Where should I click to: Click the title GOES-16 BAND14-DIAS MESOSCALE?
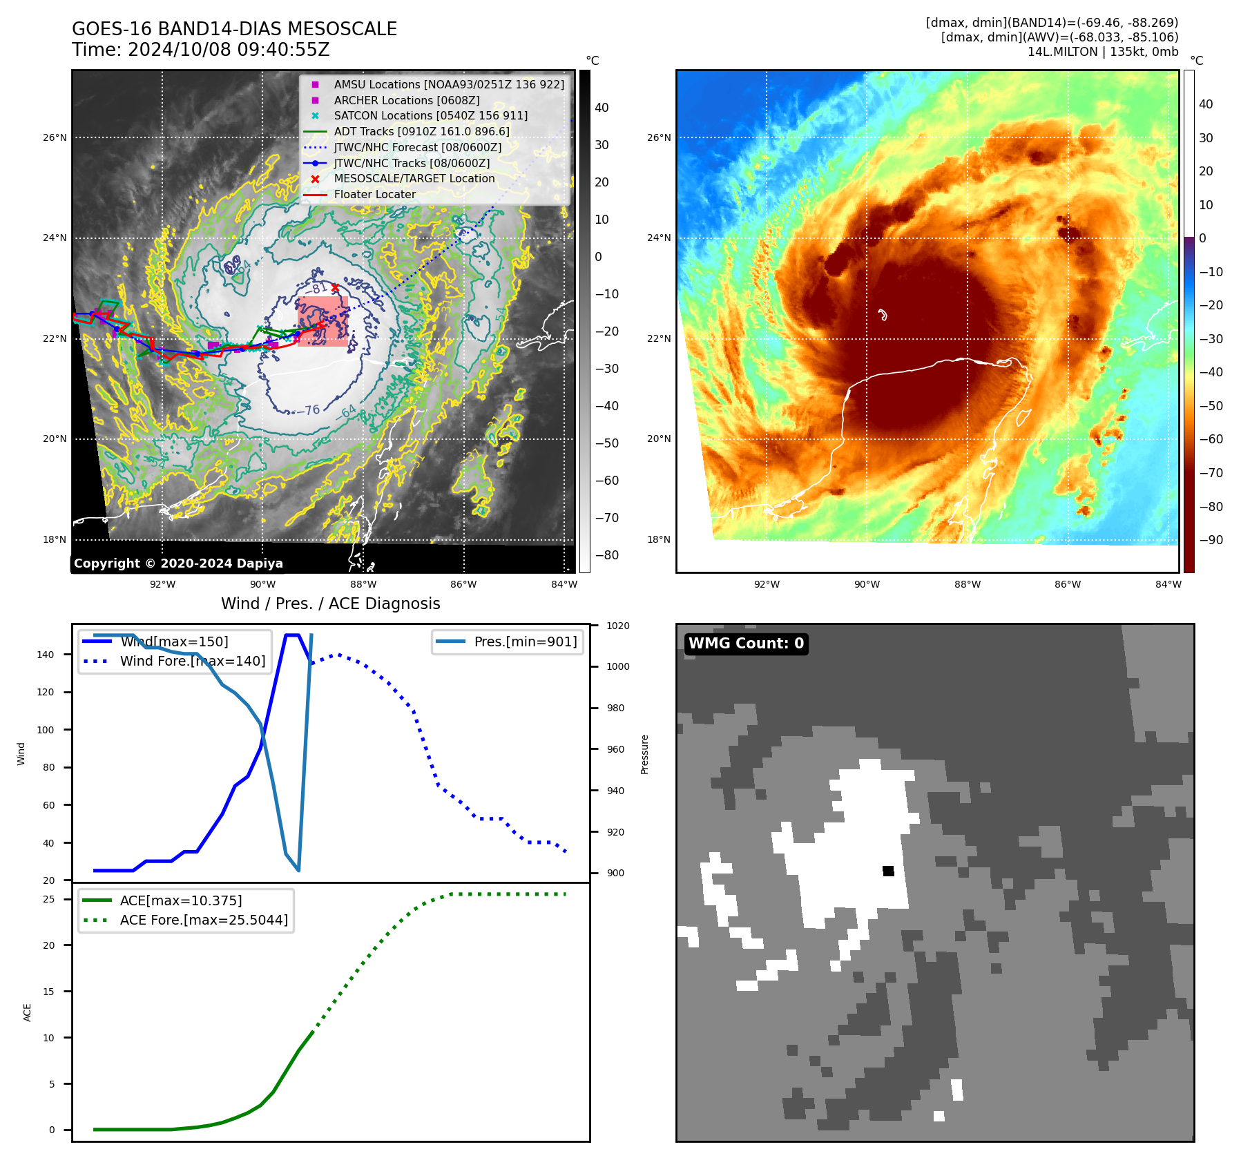coord(234,29)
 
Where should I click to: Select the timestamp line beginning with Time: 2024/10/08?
coord(200,50)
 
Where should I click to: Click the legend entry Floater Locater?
coord(374,194)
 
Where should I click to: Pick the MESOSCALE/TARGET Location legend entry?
coord(414,178)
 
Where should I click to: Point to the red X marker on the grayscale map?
coord(335,287)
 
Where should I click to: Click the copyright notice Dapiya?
coord(178,563)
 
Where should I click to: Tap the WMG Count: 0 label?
coord(746,643)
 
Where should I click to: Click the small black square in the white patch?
coord(888,871)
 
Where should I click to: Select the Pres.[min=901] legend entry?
coord(525,642)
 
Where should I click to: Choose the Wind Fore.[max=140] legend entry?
coord(192,661)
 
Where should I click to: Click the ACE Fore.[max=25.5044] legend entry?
coord(204,920)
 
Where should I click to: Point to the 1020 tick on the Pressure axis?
coord(617,626)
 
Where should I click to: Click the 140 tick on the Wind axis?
coord(46,655)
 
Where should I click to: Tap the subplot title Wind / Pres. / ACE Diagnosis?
coord(330,604)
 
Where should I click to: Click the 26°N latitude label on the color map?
coord(659,137)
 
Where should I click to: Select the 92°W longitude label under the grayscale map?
coord(162,584)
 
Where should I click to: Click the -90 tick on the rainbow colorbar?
coord(1211,540)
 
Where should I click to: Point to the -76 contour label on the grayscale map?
coord(312,409)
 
